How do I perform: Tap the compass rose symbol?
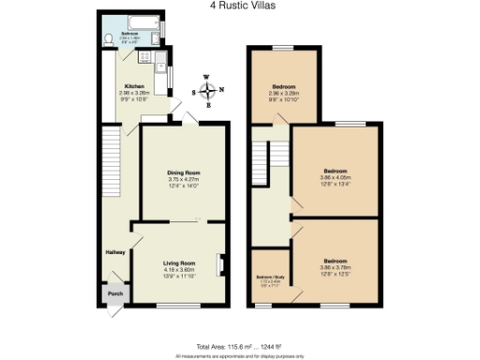coord(208,91)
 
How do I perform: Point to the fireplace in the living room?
coord(221,265)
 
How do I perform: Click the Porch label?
coord(114,292)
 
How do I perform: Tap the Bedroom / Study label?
coord(271,277)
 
